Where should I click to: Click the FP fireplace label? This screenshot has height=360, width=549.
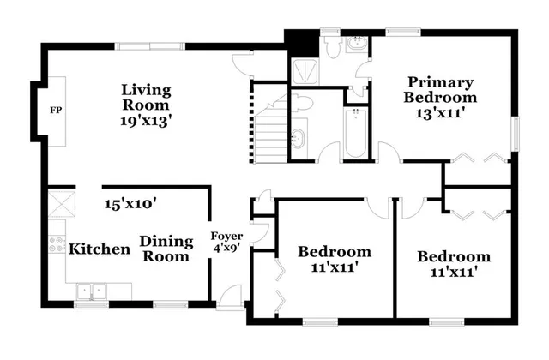point(56,111)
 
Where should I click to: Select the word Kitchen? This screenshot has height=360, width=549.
point(100,249)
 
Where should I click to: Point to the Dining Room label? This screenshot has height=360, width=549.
point(165,249)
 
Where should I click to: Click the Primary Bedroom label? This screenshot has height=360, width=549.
point(440,97)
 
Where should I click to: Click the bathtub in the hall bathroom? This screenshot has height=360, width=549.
point(355,133)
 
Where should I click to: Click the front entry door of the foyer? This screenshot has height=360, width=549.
point(230,297)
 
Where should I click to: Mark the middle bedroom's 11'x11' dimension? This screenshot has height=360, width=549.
point(335,267)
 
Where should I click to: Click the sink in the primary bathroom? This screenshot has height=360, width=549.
point(358,45)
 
